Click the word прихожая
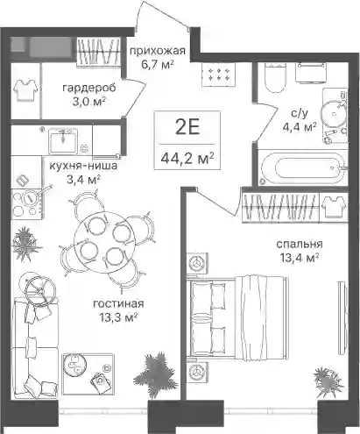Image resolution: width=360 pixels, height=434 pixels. (158, 51)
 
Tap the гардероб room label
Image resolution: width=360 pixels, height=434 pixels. (89, 88)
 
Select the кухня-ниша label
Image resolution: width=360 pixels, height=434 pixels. (83, 166)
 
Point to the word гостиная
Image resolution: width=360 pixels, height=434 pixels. (118, 304)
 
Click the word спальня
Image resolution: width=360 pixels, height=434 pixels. (300, 244)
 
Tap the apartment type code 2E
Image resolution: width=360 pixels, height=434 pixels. (187, 128)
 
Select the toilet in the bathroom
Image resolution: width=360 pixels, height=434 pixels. (273, 78)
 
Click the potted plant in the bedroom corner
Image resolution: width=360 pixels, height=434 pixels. (327, 381)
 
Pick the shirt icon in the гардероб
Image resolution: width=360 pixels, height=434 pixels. (26, 89)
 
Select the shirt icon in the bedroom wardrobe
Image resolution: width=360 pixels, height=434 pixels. (334, 206)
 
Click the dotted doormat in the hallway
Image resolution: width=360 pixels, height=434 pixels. (217, 74)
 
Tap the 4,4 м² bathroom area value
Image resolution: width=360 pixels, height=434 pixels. (300, 127)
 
